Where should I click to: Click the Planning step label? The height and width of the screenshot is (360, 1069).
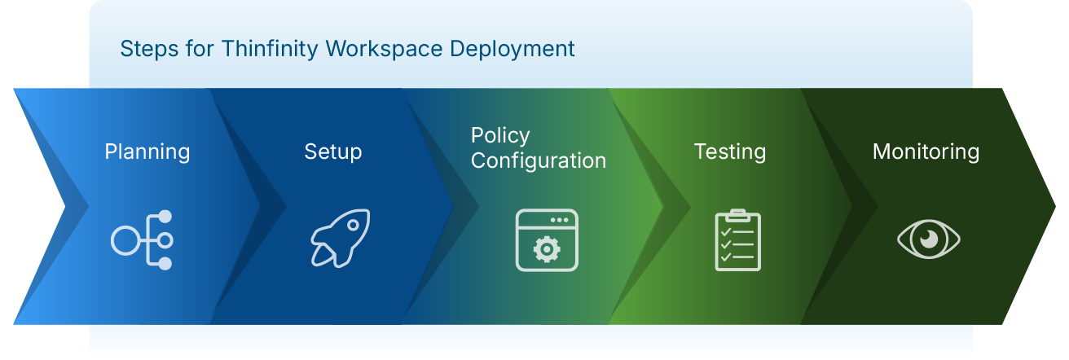147,151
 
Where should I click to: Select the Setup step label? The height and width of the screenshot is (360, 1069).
332,151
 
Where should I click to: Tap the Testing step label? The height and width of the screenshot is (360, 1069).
729,151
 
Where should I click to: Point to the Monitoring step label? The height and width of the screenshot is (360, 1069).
926,151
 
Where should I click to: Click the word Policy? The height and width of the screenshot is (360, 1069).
500,135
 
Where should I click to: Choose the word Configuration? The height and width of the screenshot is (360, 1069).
539,160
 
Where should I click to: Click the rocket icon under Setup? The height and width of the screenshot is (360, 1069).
340,239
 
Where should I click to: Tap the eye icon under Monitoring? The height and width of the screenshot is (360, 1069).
928,239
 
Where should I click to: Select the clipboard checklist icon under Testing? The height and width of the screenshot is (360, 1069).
737,240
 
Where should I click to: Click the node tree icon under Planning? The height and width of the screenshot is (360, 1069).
143,240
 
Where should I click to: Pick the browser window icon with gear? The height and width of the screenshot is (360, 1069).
547,240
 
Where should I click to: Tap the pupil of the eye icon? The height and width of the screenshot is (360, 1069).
928,239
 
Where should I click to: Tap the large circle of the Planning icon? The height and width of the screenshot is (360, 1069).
126,240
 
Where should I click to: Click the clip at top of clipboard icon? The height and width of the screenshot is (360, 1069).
737,215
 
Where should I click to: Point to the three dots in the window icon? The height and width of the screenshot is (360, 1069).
559,220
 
